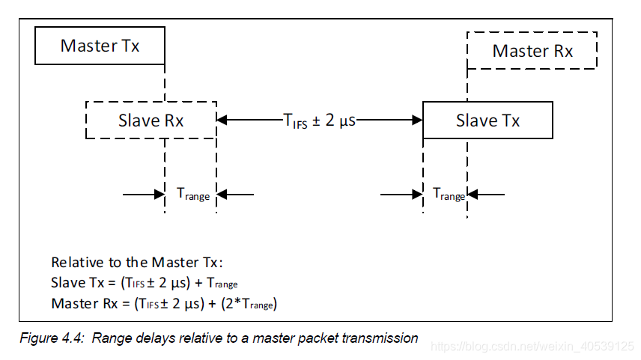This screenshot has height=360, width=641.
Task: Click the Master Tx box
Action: pos(100,46)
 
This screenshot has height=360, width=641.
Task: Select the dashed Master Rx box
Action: pos(532,51)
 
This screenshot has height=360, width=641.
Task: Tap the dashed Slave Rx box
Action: pos(151,120)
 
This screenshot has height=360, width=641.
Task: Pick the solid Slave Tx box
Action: pos(487,120)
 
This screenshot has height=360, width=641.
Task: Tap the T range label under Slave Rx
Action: pos(192,194)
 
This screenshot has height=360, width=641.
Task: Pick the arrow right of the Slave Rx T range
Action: pos(237,194)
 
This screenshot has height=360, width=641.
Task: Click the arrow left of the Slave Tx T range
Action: pos(402,194)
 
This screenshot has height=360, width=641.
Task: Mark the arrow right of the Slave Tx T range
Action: pos(488,194)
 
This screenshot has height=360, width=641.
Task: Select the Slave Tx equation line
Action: pos(145,283)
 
